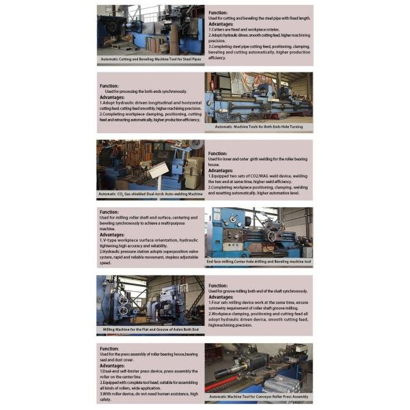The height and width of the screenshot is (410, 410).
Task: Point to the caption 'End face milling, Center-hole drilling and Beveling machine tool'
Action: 258,262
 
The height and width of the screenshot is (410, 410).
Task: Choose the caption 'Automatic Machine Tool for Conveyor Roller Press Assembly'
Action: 258,396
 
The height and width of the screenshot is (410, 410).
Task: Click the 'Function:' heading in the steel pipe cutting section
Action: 218,13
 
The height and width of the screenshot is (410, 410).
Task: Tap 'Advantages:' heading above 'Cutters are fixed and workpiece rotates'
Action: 221,27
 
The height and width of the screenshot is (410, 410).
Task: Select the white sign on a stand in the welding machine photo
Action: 159,169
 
